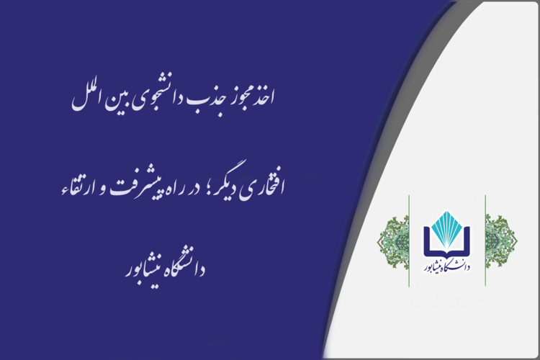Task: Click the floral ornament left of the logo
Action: (x=393, y=240)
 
